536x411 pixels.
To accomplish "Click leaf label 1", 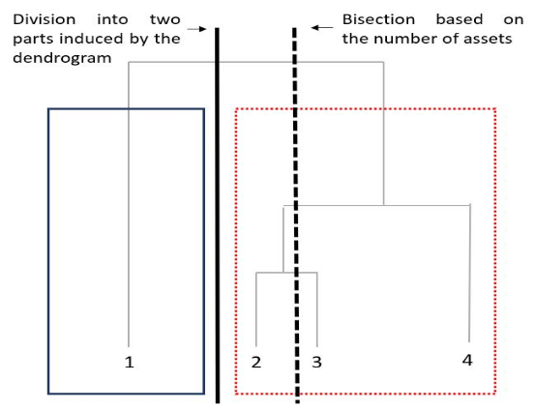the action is [x=130, y=362].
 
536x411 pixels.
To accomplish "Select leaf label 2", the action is [x=256, y=362].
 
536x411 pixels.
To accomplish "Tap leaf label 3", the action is [x=316, y=362].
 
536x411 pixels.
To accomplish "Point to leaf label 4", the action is [x=467, y=360].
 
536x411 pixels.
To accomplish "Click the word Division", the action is [x=45, y=19].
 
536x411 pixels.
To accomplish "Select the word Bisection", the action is [x=378, y=19].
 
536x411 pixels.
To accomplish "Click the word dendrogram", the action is [x=62, y=58].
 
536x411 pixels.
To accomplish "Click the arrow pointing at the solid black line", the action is [x=197, y=29].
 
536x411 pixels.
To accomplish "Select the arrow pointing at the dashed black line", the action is [x=322, y=27].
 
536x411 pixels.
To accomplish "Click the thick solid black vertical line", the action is [x=217, y=216].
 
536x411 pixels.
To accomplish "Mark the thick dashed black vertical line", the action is [x=296, y=216].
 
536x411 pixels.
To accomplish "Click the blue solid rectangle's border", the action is [x=48, y=251].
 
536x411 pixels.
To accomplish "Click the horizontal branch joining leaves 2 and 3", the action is [x=286, y=273].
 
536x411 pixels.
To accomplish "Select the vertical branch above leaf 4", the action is [x=469, y=273].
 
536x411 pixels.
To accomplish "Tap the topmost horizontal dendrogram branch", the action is [x=255, y=62].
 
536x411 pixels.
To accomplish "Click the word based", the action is [x=460, y=19].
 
